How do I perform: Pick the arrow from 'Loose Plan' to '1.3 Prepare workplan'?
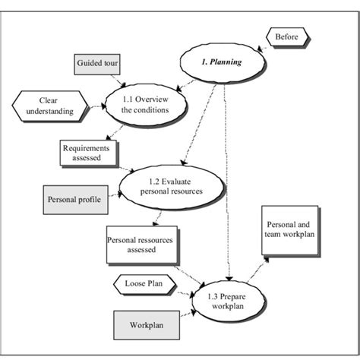click(x=185, y=289)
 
